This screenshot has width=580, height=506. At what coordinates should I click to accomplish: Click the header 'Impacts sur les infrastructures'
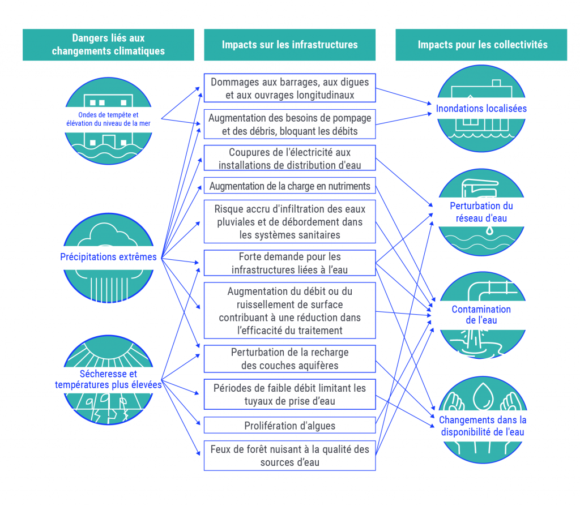[289, 45]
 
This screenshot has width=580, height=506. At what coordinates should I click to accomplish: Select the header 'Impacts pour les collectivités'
[482, 45]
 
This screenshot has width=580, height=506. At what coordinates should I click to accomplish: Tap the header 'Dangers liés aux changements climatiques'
[108, 45]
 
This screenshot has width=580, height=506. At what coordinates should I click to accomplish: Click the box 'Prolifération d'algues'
[289, 425]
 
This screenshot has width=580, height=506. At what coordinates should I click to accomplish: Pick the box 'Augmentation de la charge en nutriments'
[289, 186]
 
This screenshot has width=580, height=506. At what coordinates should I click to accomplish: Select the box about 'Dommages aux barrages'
[289, 88]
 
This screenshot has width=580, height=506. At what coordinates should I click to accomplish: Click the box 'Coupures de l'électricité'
[289, 158]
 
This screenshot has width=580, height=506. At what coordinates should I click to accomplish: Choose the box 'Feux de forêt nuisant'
[289, 455]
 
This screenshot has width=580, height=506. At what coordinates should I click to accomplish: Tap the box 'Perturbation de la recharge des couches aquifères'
[289, 359]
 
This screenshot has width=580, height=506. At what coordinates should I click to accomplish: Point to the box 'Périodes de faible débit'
[289, 394]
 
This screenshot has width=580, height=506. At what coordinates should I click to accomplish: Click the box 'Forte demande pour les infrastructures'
[289, 263]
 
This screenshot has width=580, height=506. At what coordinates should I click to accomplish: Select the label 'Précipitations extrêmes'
[108, 257]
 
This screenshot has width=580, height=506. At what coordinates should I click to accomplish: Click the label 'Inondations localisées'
[481, 108]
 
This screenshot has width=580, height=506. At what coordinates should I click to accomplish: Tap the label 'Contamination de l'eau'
[481, 315]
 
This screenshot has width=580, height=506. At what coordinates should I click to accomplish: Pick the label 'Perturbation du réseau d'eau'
[481, 212]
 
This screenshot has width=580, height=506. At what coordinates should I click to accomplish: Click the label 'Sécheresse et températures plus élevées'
[108, 379]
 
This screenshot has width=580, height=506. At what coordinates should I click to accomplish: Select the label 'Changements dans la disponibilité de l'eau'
[482, 426]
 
